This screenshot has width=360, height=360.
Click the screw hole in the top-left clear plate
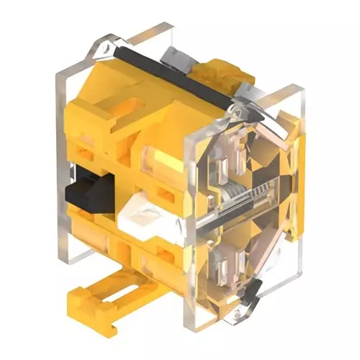tap(107, 47)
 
